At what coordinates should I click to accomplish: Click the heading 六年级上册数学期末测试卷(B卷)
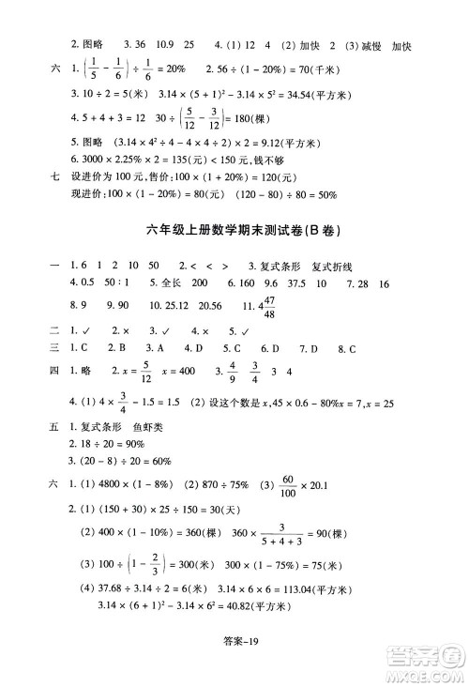234,228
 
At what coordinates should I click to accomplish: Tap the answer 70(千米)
309,69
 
